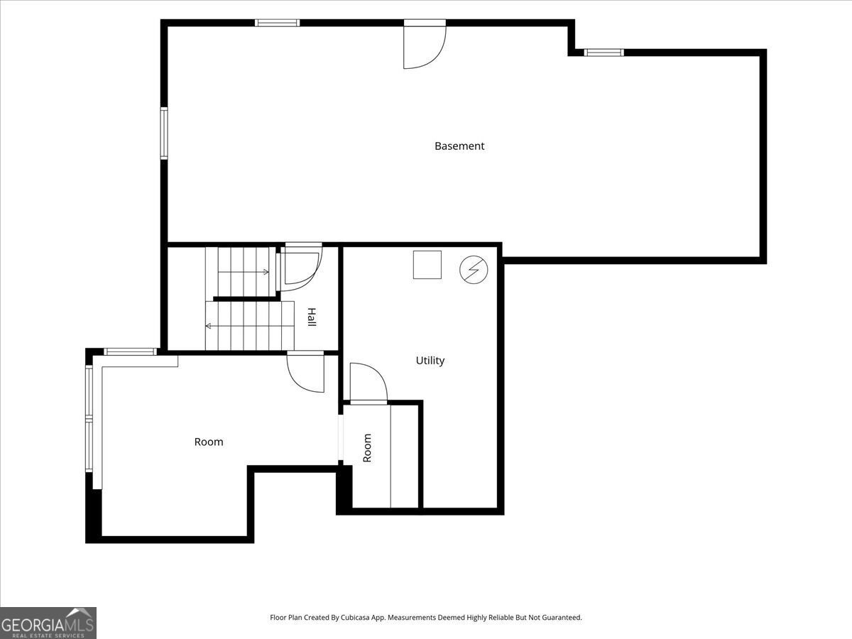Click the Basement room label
pyautogui.click(x=459, y=146)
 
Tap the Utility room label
pyautogui.click(x=430, y=361)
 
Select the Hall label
pyautogui.click(x=312, y=317)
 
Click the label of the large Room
pyautogui.click(x=209, y=442)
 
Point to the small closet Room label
pyautogui.click(x=367, y=448)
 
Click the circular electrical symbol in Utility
pyautogui.click(x=474, y=269)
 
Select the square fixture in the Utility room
pyautogui.click(x=427, y=265)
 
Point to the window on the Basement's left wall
pyautogui.click(x=164, y=133)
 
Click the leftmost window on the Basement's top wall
pyautogui.click(x=277, y=23)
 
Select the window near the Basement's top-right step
pyautogui.click(x=603, y=53)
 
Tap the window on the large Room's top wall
pyautogui.click(x=131, y=352)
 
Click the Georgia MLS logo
pyautogui.click(x=48, y=623)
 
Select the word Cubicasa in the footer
pyautogui.click(x=355, y=617)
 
